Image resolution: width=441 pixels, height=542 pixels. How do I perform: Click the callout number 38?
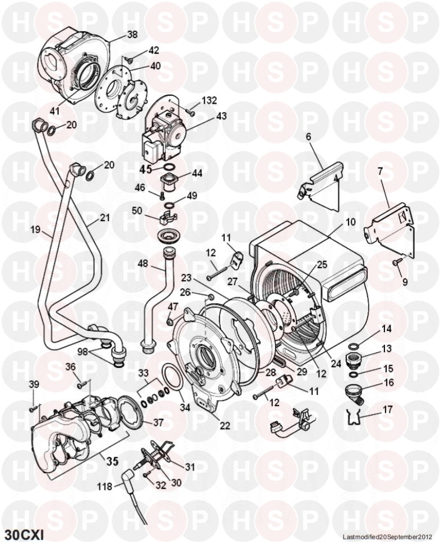click(x=132, y=35)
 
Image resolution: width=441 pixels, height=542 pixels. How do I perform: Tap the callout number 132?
click(x=209, y=101)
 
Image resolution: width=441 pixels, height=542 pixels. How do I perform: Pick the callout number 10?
click(x=350, y=222)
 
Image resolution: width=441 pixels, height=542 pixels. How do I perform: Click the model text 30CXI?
click(x=24, y=529)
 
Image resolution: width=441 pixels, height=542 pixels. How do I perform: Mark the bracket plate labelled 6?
click(x=321, y=185)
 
